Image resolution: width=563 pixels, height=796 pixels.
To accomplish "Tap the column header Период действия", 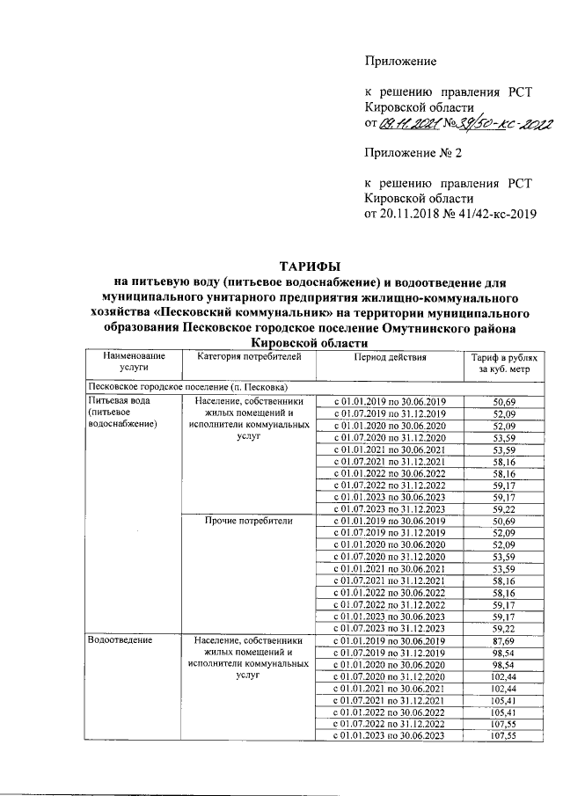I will pos(390,357).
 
